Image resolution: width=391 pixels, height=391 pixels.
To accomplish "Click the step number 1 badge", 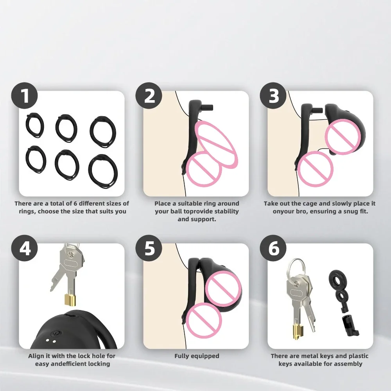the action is (24, 96).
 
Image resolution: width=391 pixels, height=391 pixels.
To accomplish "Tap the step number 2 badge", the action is (149, 96).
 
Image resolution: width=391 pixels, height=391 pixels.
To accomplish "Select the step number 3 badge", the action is (273, 96).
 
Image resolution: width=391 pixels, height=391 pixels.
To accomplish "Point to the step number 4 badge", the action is (24, 248).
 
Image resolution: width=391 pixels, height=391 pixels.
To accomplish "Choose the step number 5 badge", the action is (149, 248).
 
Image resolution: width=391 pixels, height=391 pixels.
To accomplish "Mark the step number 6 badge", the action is (273, 248).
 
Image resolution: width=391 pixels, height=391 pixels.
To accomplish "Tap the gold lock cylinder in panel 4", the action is (71, 300).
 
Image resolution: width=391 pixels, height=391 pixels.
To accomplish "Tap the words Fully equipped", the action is (197, 356).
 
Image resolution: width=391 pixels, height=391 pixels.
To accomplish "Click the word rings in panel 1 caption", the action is (27, 212).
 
